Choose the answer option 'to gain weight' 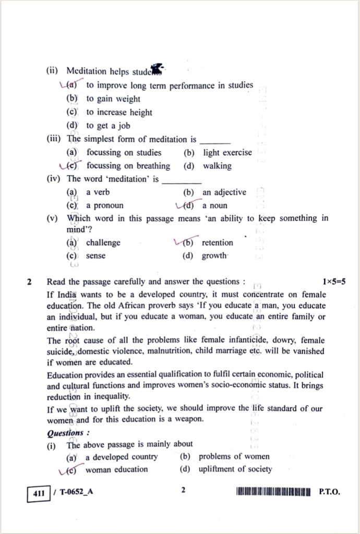[x=113, y=99]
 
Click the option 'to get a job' [x=108, y=126]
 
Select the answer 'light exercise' [x=227, y=153]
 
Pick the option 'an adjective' [x=224, y=192]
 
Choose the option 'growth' [x=214, y=256]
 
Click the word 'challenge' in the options [x=103, y=242]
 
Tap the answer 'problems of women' [x=234, y=456]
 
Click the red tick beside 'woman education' [x=65, y=469]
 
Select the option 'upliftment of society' [x=235, y=469]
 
